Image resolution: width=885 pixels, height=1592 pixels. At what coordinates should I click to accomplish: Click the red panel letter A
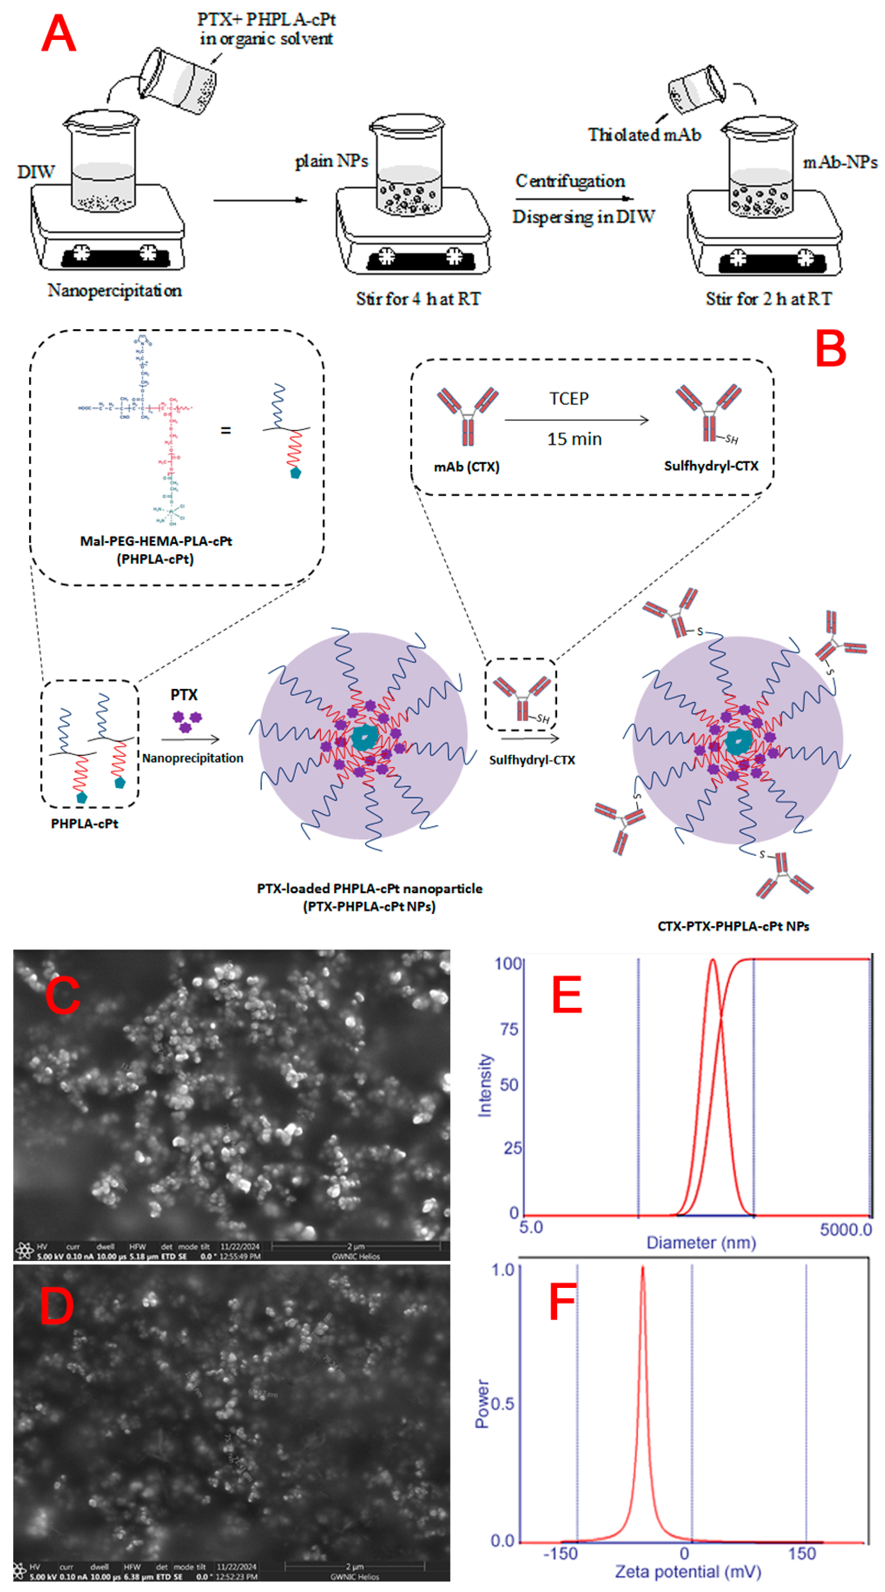point(59,34)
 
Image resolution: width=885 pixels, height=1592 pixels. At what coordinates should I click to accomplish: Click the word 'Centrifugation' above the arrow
point(570,181)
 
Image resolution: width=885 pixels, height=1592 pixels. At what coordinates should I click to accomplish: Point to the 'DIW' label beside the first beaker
point(36,172)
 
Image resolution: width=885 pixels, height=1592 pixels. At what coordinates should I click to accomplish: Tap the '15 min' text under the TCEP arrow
point(574,439)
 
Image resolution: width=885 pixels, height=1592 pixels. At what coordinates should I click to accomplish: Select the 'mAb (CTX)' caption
point(466,466)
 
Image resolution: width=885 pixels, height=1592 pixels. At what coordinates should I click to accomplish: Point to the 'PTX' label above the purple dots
point(184,695)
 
